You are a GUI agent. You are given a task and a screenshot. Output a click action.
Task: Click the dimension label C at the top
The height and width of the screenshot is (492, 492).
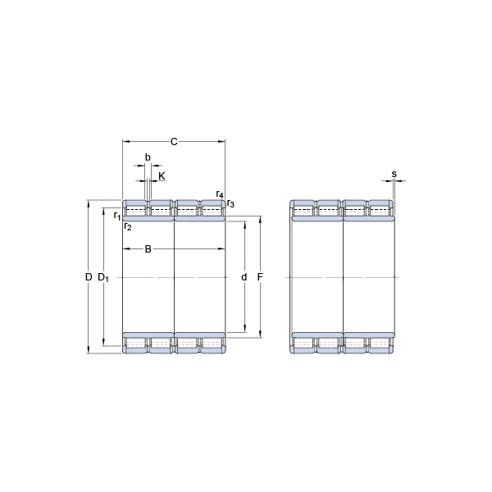174,142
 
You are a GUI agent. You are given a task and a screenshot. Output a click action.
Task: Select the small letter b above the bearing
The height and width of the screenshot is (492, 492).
148,157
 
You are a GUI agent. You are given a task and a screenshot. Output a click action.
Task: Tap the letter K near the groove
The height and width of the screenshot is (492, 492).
162,176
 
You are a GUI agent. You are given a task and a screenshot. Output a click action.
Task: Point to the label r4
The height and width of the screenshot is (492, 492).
220,194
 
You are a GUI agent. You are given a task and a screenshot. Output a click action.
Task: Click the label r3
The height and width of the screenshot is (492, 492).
230,203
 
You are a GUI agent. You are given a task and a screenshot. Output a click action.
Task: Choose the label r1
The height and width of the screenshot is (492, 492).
117,216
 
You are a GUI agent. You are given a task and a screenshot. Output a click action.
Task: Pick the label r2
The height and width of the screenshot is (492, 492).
127,226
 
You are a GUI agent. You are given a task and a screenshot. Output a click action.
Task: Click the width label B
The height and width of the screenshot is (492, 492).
148,249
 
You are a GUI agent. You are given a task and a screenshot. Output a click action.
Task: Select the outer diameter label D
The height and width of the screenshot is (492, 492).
89,277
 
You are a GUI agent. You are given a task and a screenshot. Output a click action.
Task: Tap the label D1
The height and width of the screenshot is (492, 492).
103,277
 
